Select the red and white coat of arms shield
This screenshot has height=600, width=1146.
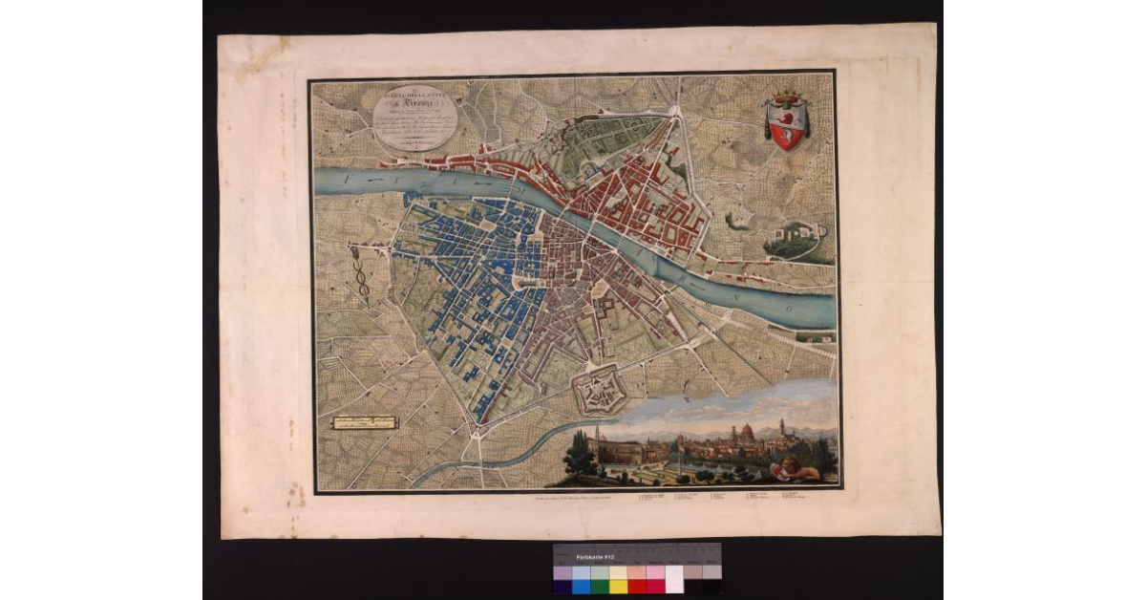pos(787,126)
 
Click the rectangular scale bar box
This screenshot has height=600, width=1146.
pos(364,422)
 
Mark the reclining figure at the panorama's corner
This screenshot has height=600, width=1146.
pos(798,468)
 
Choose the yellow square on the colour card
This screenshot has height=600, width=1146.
pos(618,579)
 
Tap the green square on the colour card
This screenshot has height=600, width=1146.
pos(600,579)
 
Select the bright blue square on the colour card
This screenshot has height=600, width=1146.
pos(581,579)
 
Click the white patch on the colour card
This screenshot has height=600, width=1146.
pos(674,579)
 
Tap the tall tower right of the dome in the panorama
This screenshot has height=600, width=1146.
pos(780,427)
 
